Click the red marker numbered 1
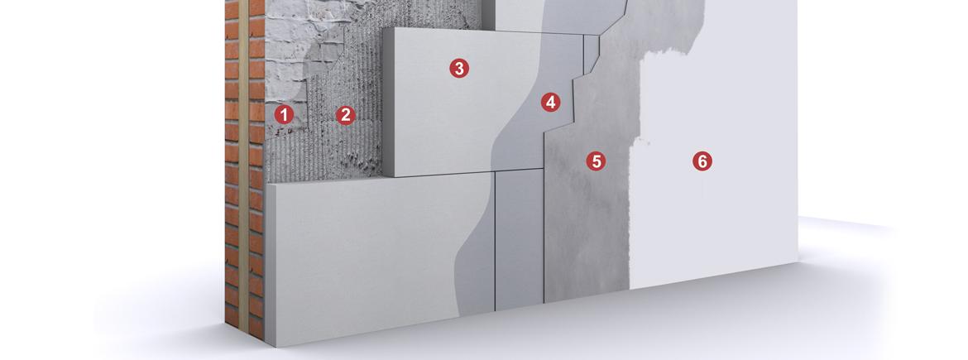point(284,114)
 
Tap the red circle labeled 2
point(346,115)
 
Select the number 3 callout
point(459,68)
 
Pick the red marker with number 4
point(550,103)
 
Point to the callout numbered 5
point(596,161)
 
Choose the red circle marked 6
point(702,161)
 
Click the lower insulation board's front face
point(364,257)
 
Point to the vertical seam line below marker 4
point(495,240)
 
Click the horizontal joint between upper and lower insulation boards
point(438,175)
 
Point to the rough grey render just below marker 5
point(592,207)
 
